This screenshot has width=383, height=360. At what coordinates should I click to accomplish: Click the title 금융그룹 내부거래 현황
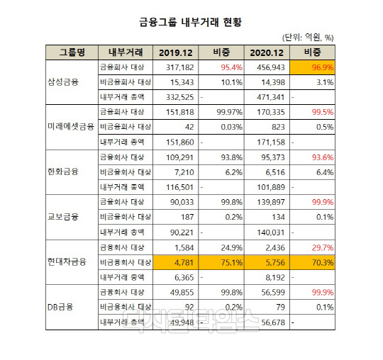191,22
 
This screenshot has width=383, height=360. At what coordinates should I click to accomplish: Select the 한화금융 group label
63,171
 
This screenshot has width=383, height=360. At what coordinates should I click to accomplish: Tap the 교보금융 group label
63,217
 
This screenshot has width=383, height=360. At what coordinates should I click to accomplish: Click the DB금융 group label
61,307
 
